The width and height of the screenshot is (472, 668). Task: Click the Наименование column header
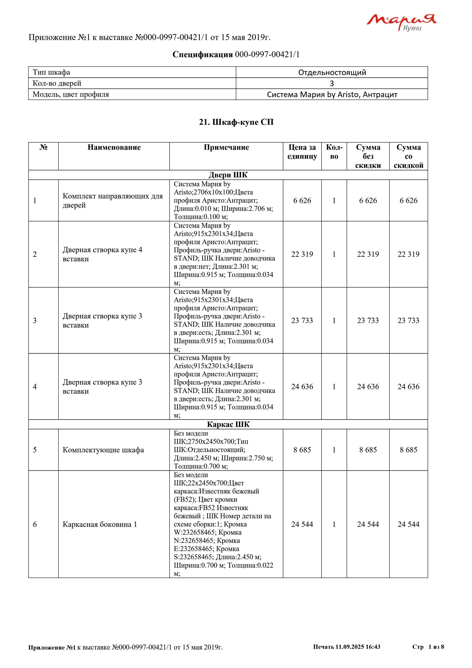pyautogui.click(x=114, y=147)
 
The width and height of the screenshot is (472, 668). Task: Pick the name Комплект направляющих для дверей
pyautogui.click(x=113, y=200)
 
